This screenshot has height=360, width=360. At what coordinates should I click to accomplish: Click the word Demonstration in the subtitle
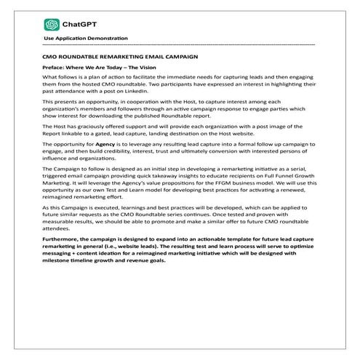click(x=108, y=38)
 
